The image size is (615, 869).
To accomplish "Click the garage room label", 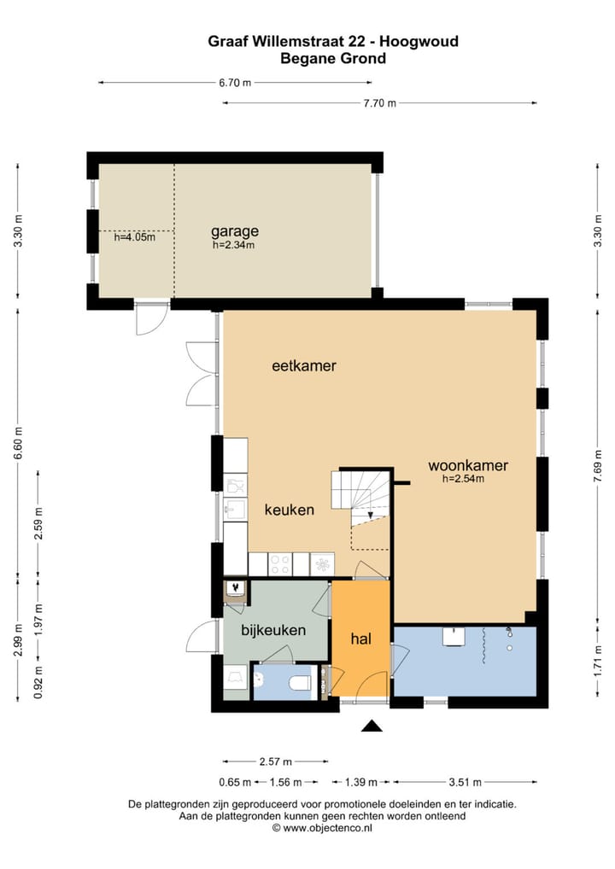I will [x=235, y=230].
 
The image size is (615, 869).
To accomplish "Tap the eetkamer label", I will [x=304, y=366].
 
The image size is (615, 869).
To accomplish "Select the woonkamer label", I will [x=468, y=466].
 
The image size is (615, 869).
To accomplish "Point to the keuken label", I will [x=290, y=510].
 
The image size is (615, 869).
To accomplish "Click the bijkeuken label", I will [x=273, y=632].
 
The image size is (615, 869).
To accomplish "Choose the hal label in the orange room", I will [x=360, y=639].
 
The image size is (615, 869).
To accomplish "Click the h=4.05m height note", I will [x=135, y=237].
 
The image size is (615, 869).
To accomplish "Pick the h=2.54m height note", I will [x=463, y=479].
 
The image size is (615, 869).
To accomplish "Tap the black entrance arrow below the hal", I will [x=371, y=726].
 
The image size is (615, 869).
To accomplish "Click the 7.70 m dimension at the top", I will [x=380, y=103].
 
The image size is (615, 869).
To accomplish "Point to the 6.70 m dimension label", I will [x=235, y=83].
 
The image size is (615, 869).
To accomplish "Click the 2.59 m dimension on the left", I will [x=38, y=529].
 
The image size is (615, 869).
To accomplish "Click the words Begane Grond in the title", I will [x=333, y=59].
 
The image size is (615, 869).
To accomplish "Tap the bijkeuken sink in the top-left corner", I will [x=234, y=588].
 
